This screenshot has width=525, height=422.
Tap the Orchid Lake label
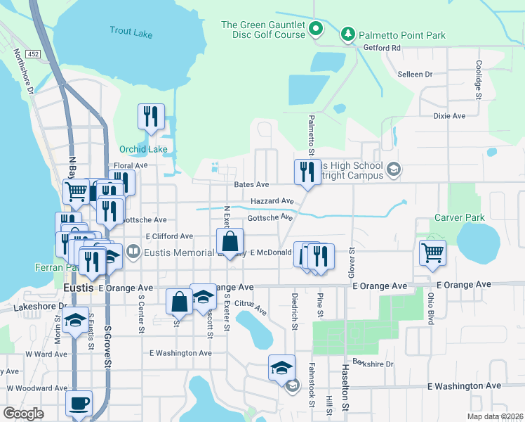143,149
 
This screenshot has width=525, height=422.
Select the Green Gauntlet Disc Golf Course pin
316,30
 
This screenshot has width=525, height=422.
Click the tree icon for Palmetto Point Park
347,34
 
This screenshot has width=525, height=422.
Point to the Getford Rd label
382,48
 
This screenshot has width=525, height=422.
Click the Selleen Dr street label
414,74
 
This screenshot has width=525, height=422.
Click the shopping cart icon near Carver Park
432,252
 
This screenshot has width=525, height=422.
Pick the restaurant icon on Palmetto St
306,172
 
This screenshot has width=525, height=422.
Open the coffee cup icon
79,404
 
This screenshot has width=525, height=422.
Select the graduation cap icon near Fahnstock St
281,368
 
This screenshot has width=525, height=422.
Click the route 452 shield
33,53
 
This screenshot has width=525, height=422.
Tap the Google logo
23,414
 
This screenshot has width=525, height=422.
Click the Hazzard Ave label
272,200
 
